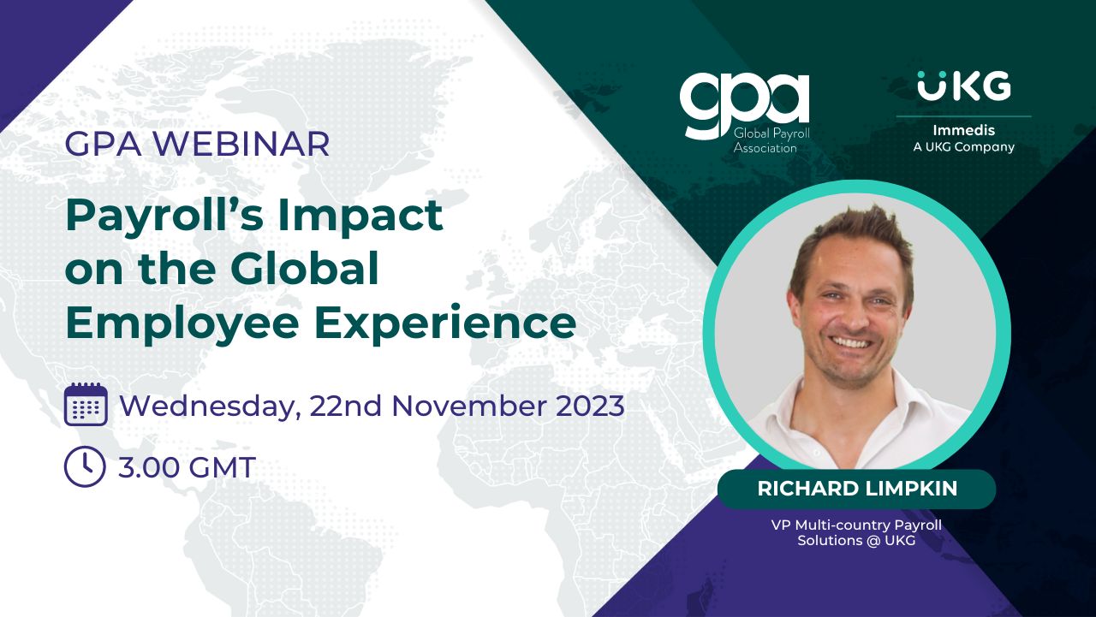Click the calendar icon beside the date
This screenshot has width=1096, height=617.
(86, 404)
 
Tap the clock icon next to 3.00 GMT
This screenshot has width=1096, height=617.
(85, 466)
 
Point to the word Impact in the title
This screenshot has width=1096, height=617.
(360, 217)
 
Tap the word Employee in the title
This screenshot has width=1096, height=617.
(182, 324)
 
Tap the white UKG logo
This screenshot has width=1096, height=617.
(964, 86)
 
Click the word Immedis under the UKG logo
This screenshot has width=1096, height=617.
(963, 130)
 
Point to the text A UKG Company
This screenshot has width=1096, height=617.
(963, 147)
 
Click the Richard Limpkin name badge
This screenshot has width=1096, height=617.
(856, 489)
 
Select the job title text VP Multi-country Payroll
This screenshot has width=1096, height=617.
(856, 525)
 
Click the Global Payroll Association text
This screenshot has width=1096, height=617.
(771, 140)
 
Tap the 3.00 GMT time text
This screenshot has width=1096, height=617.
(187, 467)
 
